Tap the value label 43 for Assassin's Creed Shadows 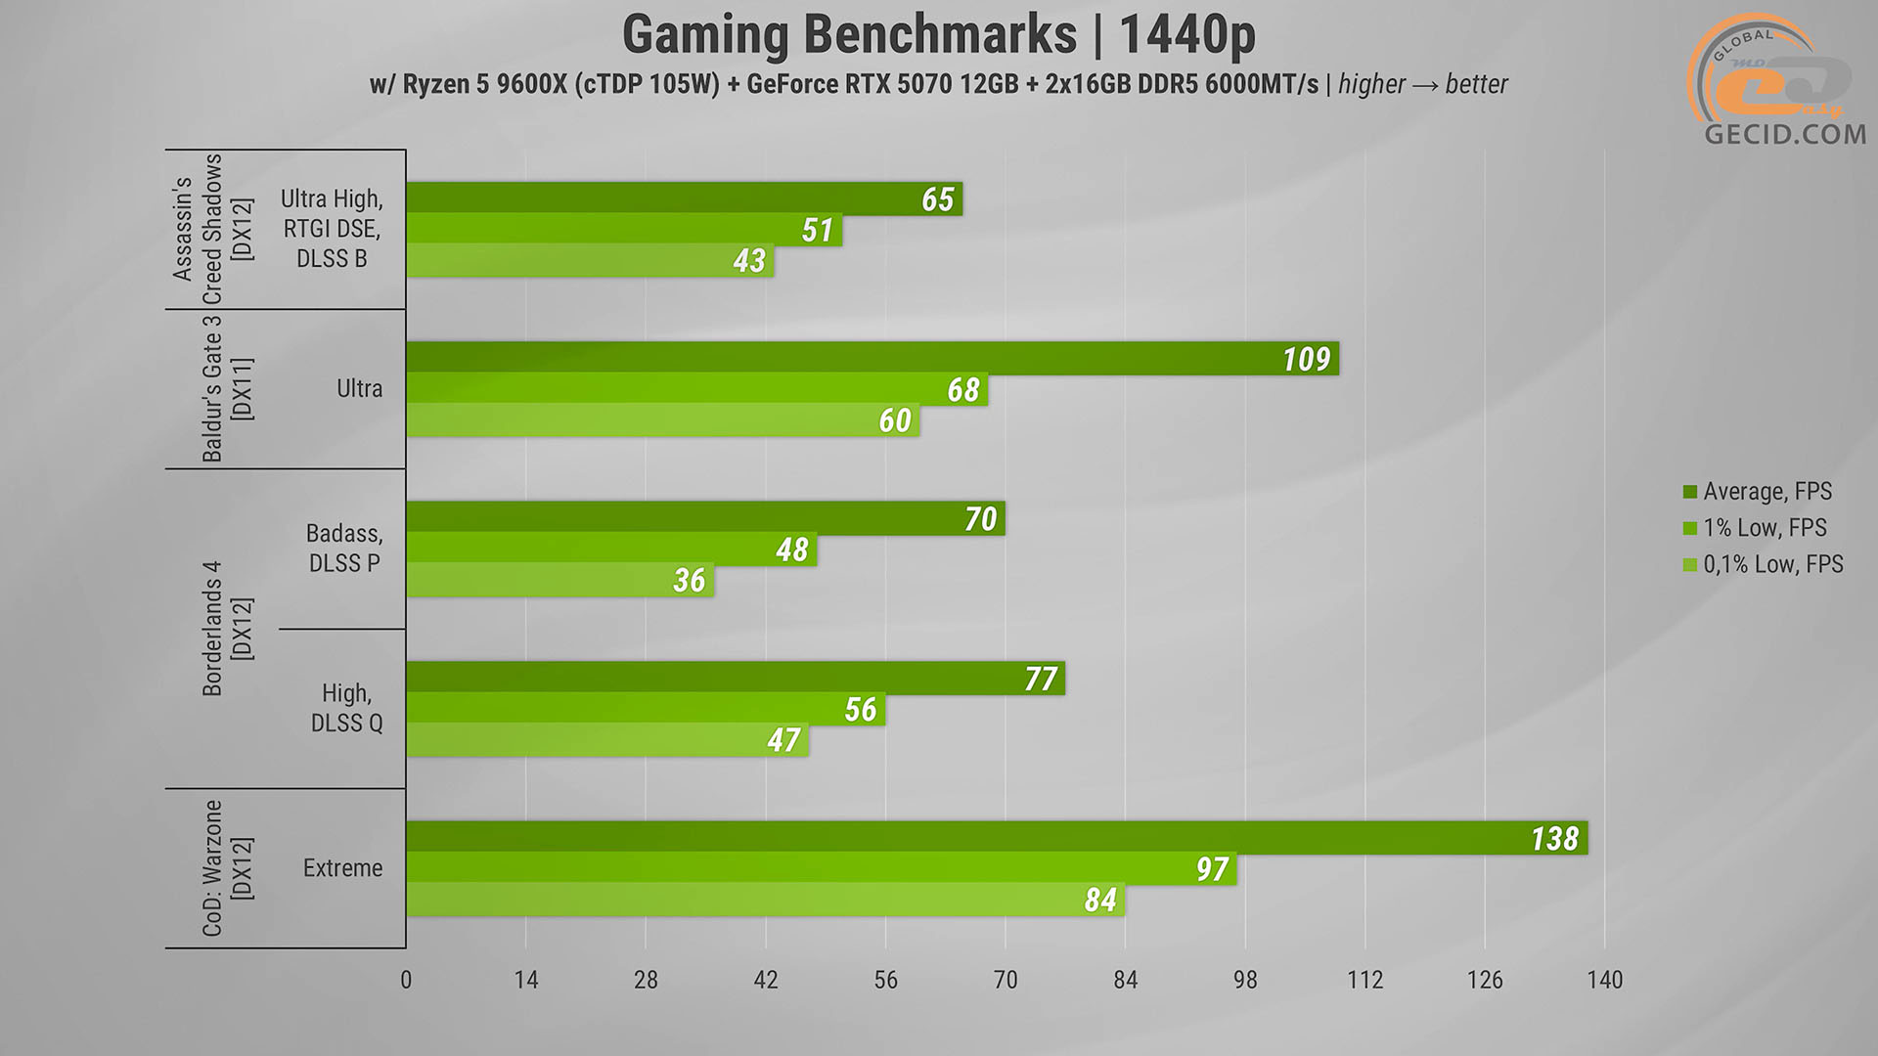(x=749, y=261)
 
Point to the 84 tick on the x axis (x=1125, y=980)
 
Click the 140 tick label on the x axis (x=1604, y=980)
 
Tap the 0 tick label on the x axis (x=406, y=980)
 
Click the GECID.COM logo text (x=1784, y=134)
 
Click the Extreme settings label (x=342, y=868)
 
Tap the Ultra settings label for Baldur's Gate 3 (x=359, y=389)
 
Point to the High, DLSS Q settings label (x=346, y=708)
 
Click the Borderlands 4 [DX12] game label (x=226, y=629)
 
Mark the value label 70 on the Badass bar (x=980, y=518)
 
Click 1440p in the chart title (x=1186, y=35)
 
